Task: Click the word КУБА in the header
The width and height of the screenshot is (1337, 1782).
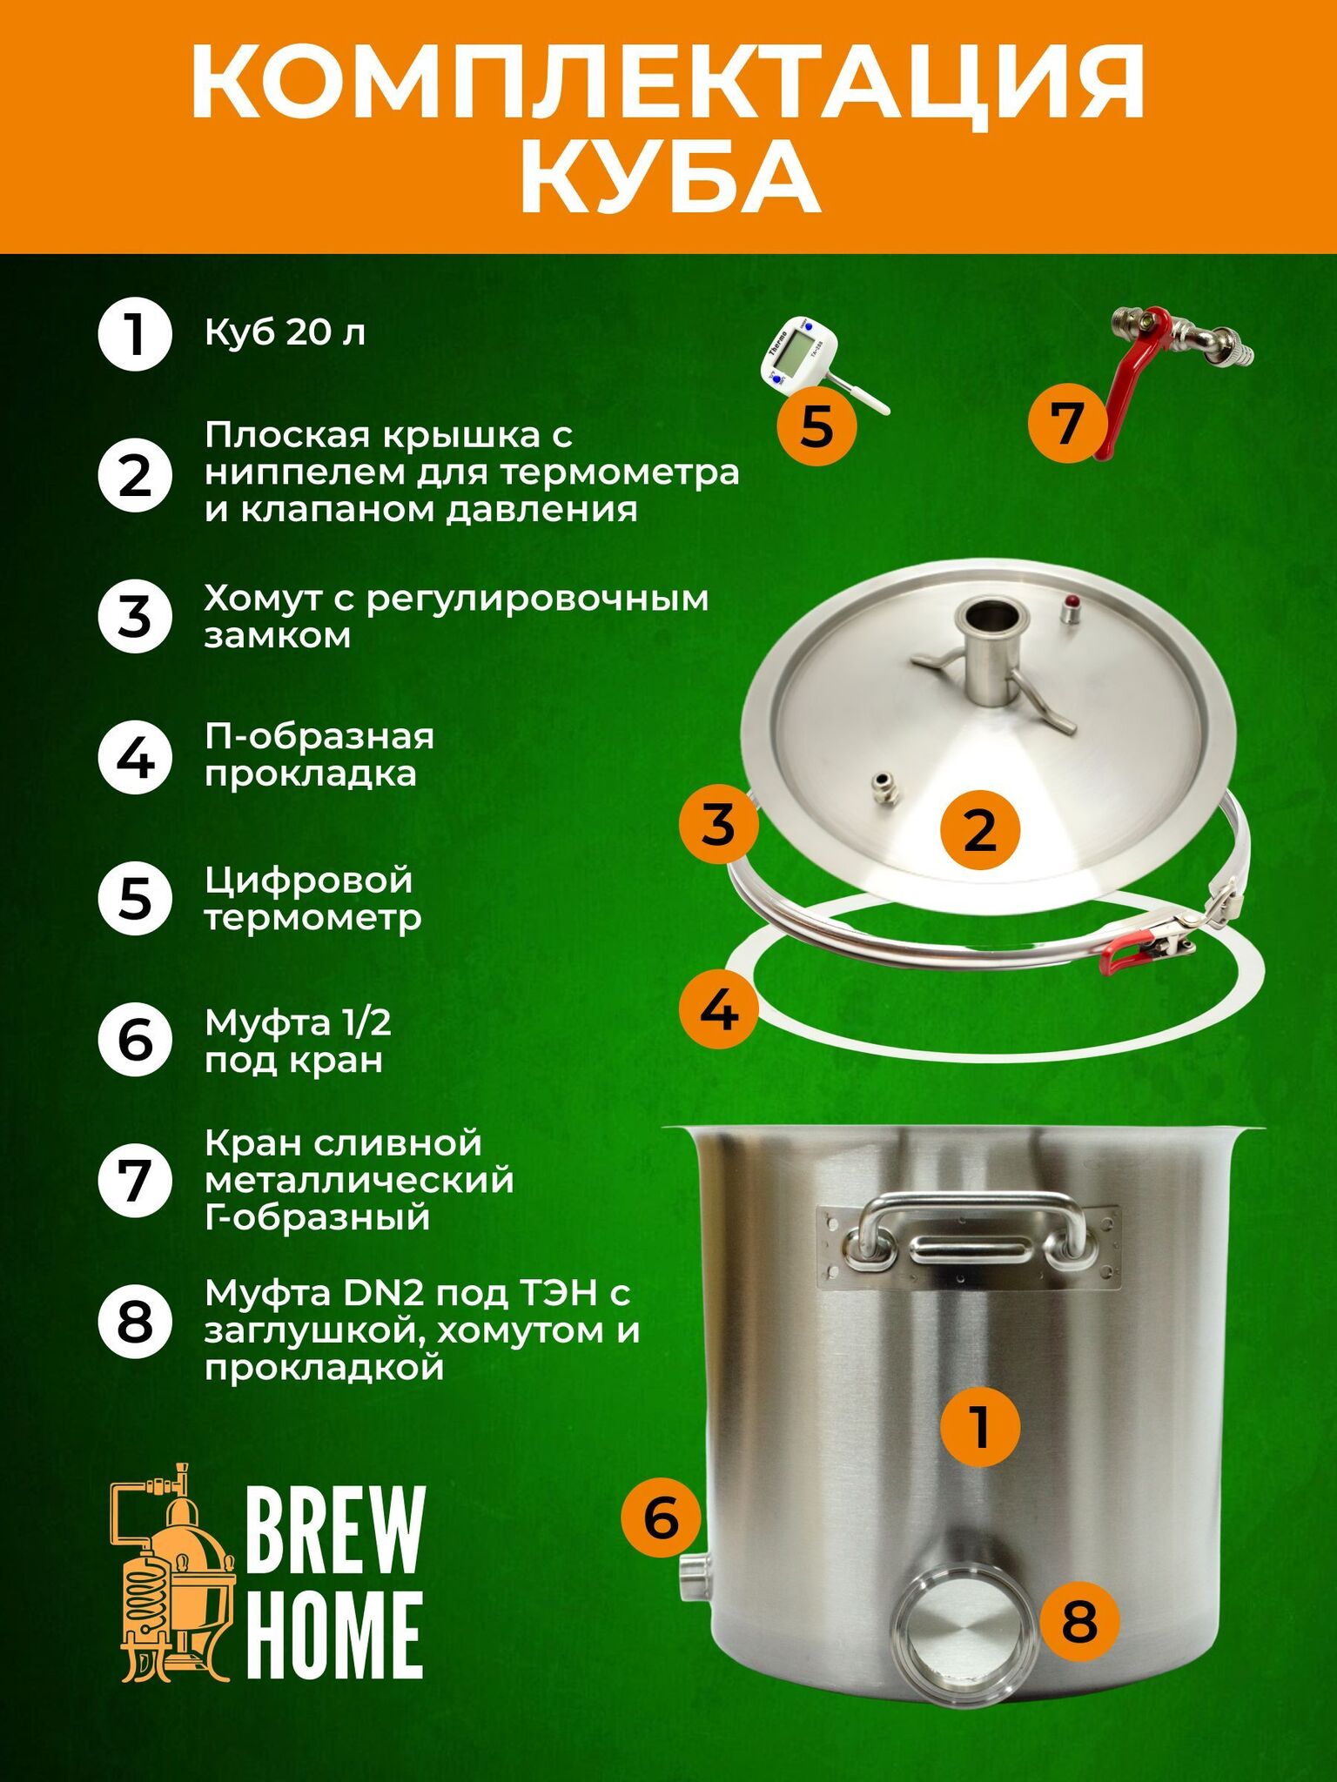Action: click(x=669, y=178)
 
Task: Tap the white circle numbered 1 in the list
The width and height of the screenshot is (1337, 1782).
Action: click(x=134, y=334)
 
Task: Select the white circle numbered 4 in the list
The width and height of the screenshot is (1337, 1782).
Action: click(x=134, y=757)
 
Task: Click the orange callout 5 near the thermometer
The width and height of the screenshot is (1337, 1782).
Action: click(x=816, y=426)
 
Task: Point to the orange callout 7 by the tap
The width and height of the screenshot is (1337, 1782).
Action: click(x=1067, y=422)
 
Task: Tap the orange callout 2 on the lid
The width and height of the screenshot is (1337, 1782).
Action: click(x=980, y=828)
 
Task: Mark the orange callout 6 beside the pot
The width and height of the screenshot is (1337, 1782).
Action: click(x=661, y=1518)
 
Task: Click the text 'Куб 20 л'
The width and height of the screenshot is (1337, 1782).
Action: click(x=285, y=333)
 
